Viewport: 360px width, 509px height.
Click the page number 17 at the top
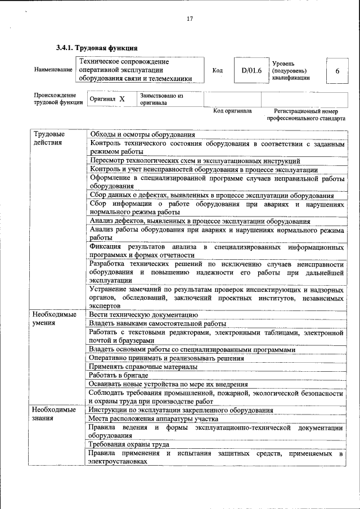(190, 19)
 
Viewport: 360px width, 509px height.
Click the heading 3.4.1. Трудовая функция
(97, 48)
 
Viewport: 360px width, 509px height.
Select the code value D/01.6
(248, 70)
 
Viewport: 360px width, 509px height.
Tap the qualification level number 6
(337, 71)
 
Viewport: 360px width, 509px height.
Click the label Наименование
(53, 70)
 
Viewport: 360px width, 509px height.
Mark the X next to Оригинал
(122, 99)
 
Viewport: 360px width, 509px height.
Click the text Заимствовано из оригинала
(162, 99)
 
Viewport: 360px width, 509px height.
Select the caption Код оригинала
(232, 111)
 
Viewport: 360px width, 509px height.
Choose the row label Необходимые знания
(53, 413)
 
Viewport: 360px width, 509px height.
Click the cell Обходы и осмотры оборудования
(142, 134)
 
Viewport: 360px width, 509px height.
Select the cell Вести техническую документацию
(143, 314)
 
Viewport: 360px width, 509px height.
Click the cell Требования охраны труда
(129, 444)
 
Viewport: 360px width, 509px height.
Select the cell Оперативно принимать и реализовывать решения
(166, 358)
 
